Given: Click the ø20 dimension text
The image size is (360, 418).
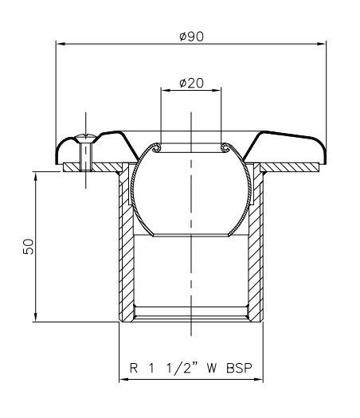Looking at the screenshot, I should tap(192, 82).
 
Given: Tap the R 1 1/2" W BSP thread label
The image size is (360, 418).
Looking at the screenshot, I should tap(191, 369).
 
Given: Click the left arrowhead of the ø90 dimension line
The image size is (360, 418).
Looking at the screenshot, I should tap(58, 44).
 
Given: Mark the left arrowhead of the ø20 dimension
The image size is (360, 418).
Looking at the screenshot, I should tap(165, 90).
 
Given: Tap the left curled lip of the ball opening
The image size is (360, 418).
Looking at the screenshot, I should tap(159, 146).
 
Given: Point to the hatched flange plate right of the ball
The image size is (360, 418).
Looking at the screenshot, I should tap(291, 166).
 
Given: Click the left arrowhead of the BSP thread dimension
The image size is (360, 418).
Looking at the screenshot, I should tap(123, 378).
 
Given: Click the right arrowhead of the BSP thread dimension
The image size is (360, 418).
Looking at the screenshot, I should tap(260, 378).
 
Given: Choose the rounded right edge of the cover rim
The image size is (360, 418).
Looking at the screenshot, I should tap(322, 152).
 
